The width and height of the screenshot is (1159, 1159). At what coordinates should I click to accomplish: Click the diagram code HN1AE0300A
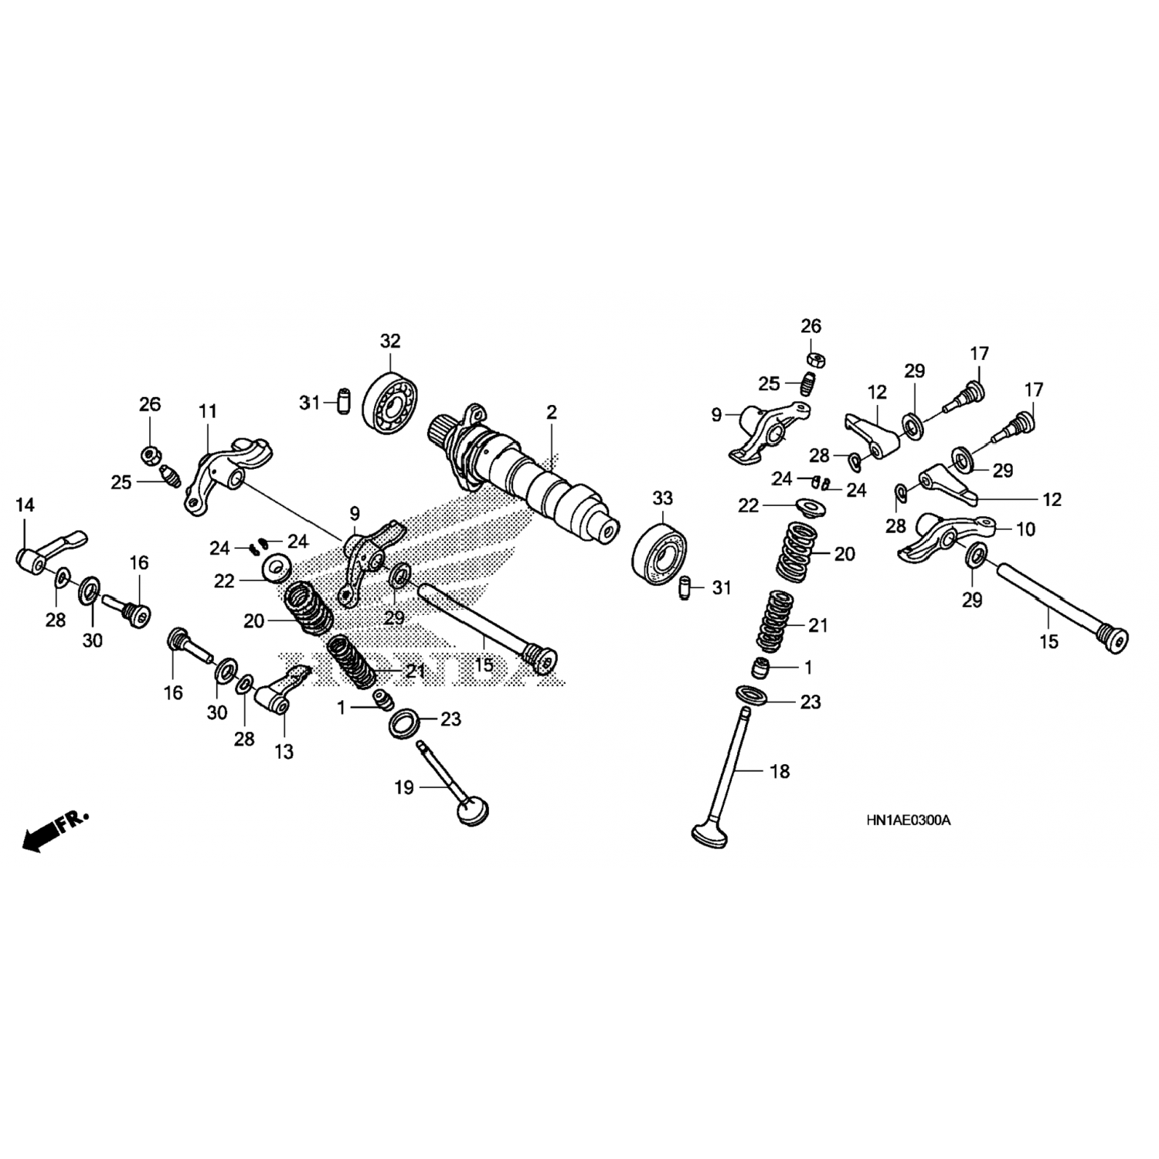tap(908, 820)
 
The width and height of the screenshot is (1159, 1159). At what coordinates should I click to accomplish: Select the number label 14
tap(25, 505)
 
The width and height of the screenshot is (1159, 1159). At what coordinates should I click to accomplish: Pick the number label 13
tap(284, 751)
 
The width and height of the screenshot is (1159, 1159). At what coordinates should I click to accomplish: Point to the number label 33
tap(662, 498)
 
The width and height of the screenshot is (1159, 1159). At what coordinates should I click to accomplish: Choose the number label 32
tap(390, 341)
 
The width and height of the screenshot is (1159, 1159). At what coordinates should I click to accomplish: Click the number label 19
tap(404, 787)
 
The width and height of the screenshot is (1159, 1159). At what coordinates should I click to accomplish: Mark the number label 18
tap(780, 771)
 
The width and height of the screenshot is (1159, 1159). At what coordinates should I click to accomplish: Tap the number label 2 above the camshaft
tap(551, 412)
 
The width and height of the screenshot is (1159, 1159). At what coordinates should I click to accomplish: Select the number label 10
tap(1025, 529)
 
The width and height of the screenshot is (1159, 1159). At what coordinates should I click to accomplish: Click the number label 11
tap(208, 411)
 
